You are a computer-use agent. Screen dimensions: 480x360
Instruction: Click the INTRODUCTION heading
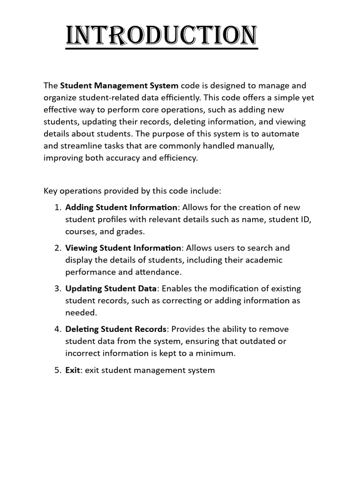161,36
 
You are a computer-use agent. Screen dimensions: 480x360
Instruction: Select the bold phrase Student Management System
119,86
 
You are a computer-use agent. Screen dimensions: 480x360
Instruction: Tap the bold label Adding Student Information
121,208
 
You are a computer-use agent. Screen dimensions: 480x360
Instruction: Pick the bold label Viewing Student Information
123,248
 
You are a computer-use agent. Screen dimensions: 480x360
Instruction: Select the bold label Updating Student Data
112,288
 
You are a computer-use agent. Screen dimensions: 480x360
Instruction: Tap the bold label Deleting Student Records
116,329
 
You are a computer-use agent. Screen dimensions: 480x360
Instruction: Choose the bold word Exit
73,370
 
